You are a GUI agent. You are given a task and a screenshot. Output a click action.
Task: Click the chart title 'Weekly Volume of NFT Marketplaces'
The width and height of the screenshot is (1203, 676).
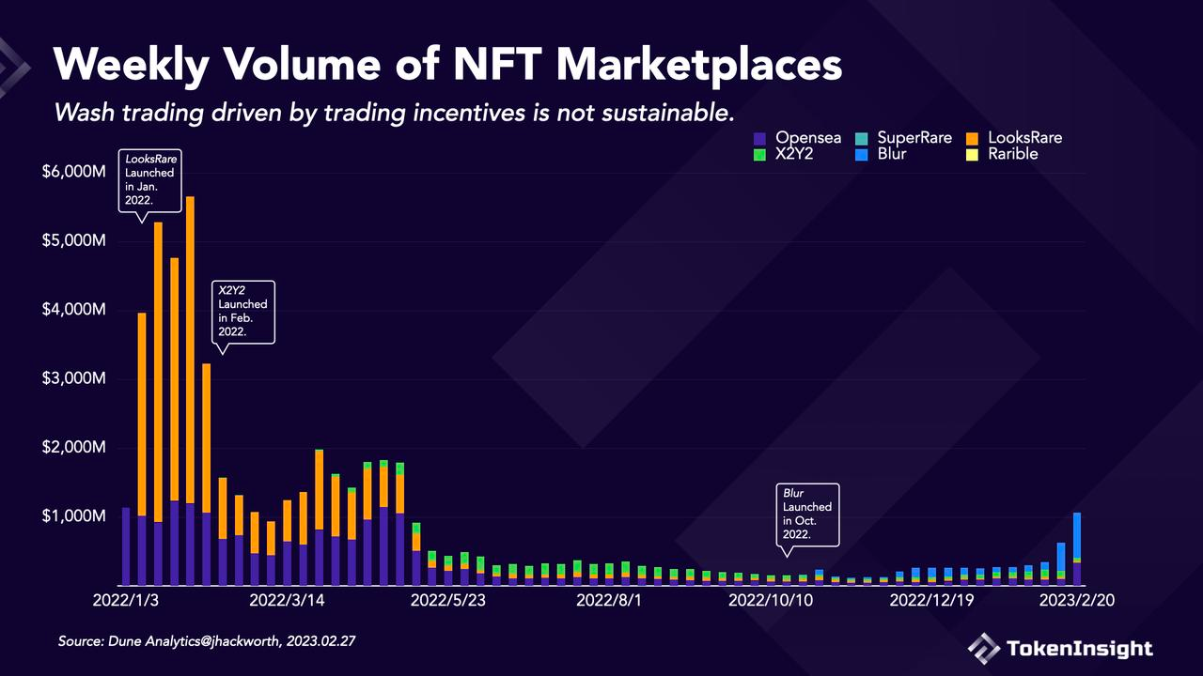tap(447, 66)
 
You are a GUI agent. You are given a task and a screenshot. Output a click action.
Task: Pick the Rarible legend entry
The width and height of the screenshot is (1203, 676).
tap(1012, 154)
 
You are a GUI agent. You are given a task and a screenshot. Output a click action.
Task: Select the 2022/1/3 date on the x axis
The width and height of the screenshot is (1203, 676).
tap(126, 600)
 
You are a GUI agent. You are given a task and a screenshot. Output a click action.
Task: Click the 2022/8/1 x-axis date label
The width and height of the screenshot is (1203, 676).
tap(608, 600)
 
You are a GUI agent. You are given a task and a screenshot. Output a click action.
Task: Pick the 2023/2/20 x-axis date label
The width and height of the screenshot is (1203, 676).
tap(1077, 600)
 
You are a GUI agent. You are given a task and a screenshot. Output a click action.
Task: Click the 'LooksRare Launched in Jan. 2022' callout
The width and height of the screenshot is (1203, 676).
tap(150, 180)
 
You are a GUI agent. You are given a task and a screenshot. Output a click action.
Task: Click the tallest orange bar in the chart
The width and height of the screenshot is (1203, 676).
tap(190, 347)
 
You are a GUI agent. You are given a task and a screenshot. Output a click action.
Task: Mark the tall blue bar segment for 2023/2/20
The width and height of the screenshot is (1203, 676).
tap(1077, 535)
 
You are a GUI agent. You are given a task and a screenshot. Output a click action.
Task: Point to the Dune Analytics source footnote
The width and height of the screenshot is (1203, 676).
tap(207, 641)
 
